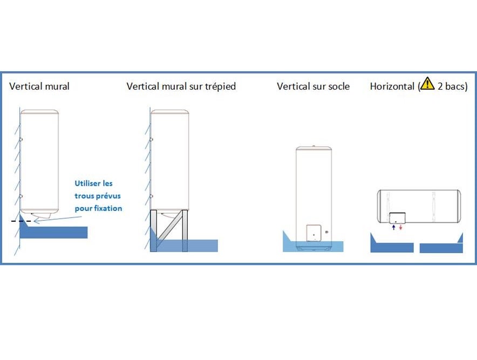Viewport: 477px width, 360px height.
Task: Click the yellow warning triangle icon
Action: pyautogui.click(x=427, y=84)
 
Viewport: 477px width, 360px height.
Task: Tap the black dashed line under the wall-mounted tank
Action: pyautogui.click(x=22, y=221)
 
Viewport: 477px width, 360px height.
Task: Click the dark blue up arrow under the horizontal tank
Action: pyautogui.click(x=393, y=228)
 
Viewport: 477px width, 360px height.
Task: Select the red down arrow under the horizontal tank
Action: pyautogui.click(x=400, y=228)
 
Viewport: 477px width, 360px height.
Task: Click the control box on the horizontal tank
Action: pyautogui.click(x=397, y=218)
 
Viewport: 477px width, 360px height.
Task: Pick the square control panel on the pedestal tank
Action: pyautogui.click(x=314, y=233)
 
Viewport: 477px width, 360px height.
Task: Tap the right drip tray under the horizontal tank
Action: pyautogui.click(x=441, y=248)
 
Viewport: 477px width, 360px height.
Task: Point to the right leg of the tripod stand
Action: pyautogui.click(x=185, y=230)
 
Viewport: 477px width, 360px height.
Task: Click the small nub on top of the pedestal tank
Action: pyautogui.click(x=314, y=145)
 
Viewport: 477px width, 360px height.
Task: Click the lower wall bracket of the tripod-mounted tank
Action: pyautogui.click(x=152, y=196)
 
